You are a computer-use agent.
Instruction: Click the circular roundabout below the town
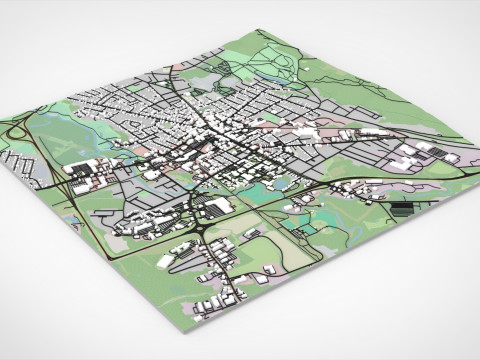pyautogui.click(x=204, y=228)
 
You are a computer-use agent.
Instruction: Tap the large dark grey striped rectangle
pyautogui.click(x=403, y=210)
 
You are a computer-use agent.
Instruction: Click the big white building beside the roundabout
pyautogui.click(x=220, y=206)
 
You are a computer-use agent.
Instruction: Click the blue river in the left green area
pyautogui.click(x=60, y=120)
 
